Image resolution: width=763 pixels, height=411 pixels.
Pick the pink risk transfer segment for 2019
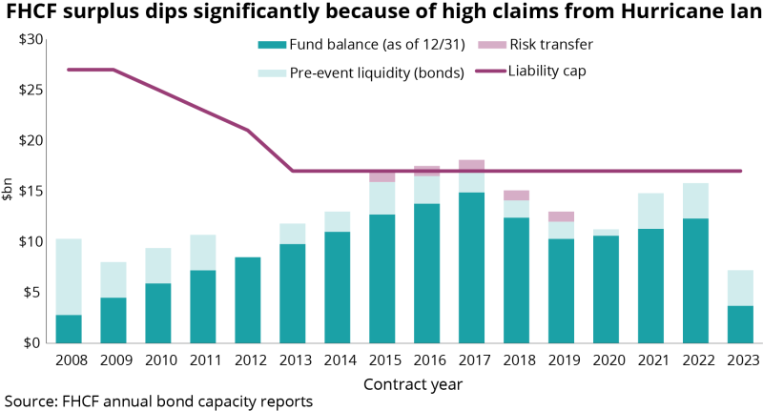pyautogui.click(x=561, y=216)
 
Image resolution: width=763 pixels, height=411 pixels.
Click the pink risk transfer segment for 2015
pyautogui.click(x=381, y=176)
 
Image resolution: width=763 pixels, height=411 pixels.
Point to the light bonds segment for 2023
pyautogui.click(x=740, y=288)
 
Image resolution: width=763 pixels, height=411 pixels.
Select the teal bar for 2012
pyautogui.click(x=248, y=299)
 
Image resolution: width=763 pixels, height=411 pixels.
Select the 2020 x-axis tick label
pyautogui.click(x=605, y=360)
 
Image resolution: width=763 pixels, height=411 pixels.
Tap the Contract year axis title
pyautogui.click(x=412, y=383)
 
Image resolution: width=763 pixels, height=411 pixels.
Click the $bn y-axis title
pyautogui.click(x=9, y=191)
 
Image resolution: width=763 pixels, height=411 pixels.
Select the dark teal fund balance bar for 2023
pyautogui.click(x=740, y=324)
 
